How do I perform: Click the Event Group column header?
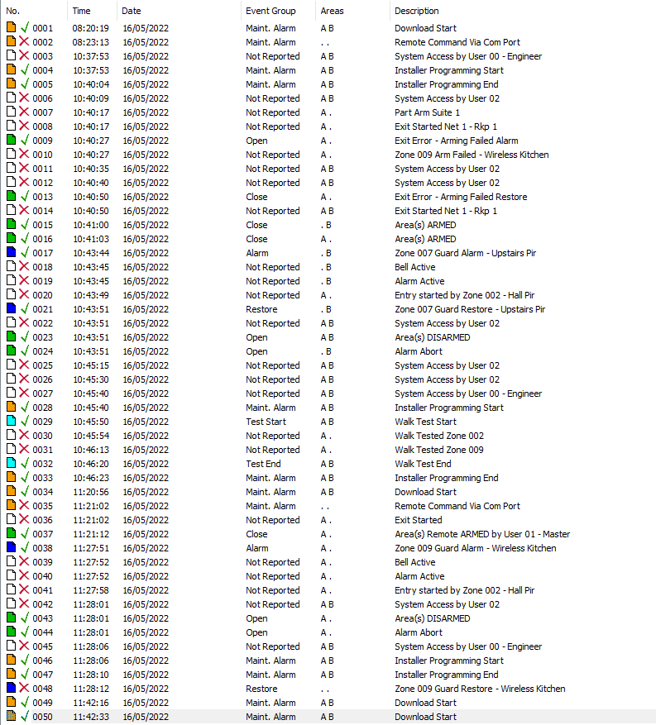271,11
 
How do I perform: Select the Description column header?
417,11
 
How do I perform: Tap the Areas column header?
332,11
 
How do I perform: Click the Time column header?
81,11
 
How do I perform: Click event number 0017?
42,253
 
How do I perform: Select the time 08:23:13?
90,42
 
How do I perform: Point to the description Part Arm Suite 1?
427,112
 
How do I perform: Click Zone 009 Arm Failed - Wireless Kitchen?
471,155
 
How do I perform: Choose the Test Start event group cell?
266,422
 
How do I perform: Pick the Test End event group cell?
263,464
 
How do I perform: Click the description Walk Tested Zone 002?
438,436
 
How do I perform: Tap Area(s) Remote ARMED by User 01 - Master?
481,534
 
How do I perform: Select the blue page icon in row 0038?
11,548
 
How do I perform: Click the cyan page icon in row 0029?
11,422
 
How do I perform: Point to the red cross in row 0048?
25,689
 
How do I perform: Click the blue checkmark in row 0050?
25,717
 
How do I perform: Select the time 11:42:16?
90,703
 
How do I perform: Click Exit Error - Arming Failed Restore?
460,197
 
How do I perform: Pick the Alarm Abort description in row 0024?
418,351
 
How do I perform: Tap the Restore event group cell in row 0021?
261,309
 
